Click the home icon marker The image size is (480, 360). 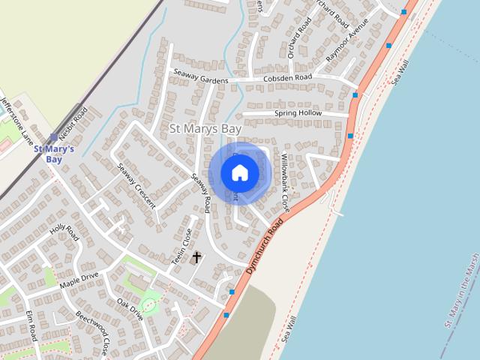(240, 173)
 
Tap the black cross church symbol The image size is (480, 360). (197, 257)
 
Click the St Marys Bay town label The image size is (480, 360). (205, 128)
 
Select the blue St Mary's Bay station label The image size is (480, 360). (54, 153)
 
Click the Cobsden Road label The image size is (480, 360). (287, 78)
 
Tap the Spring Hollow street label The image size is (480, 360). (297, 113)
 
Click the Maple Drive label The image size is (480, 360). (79, 280)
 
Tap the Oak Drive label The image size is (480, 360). (129, 308)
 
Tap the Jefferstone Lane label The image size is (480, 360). (16, 118)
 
